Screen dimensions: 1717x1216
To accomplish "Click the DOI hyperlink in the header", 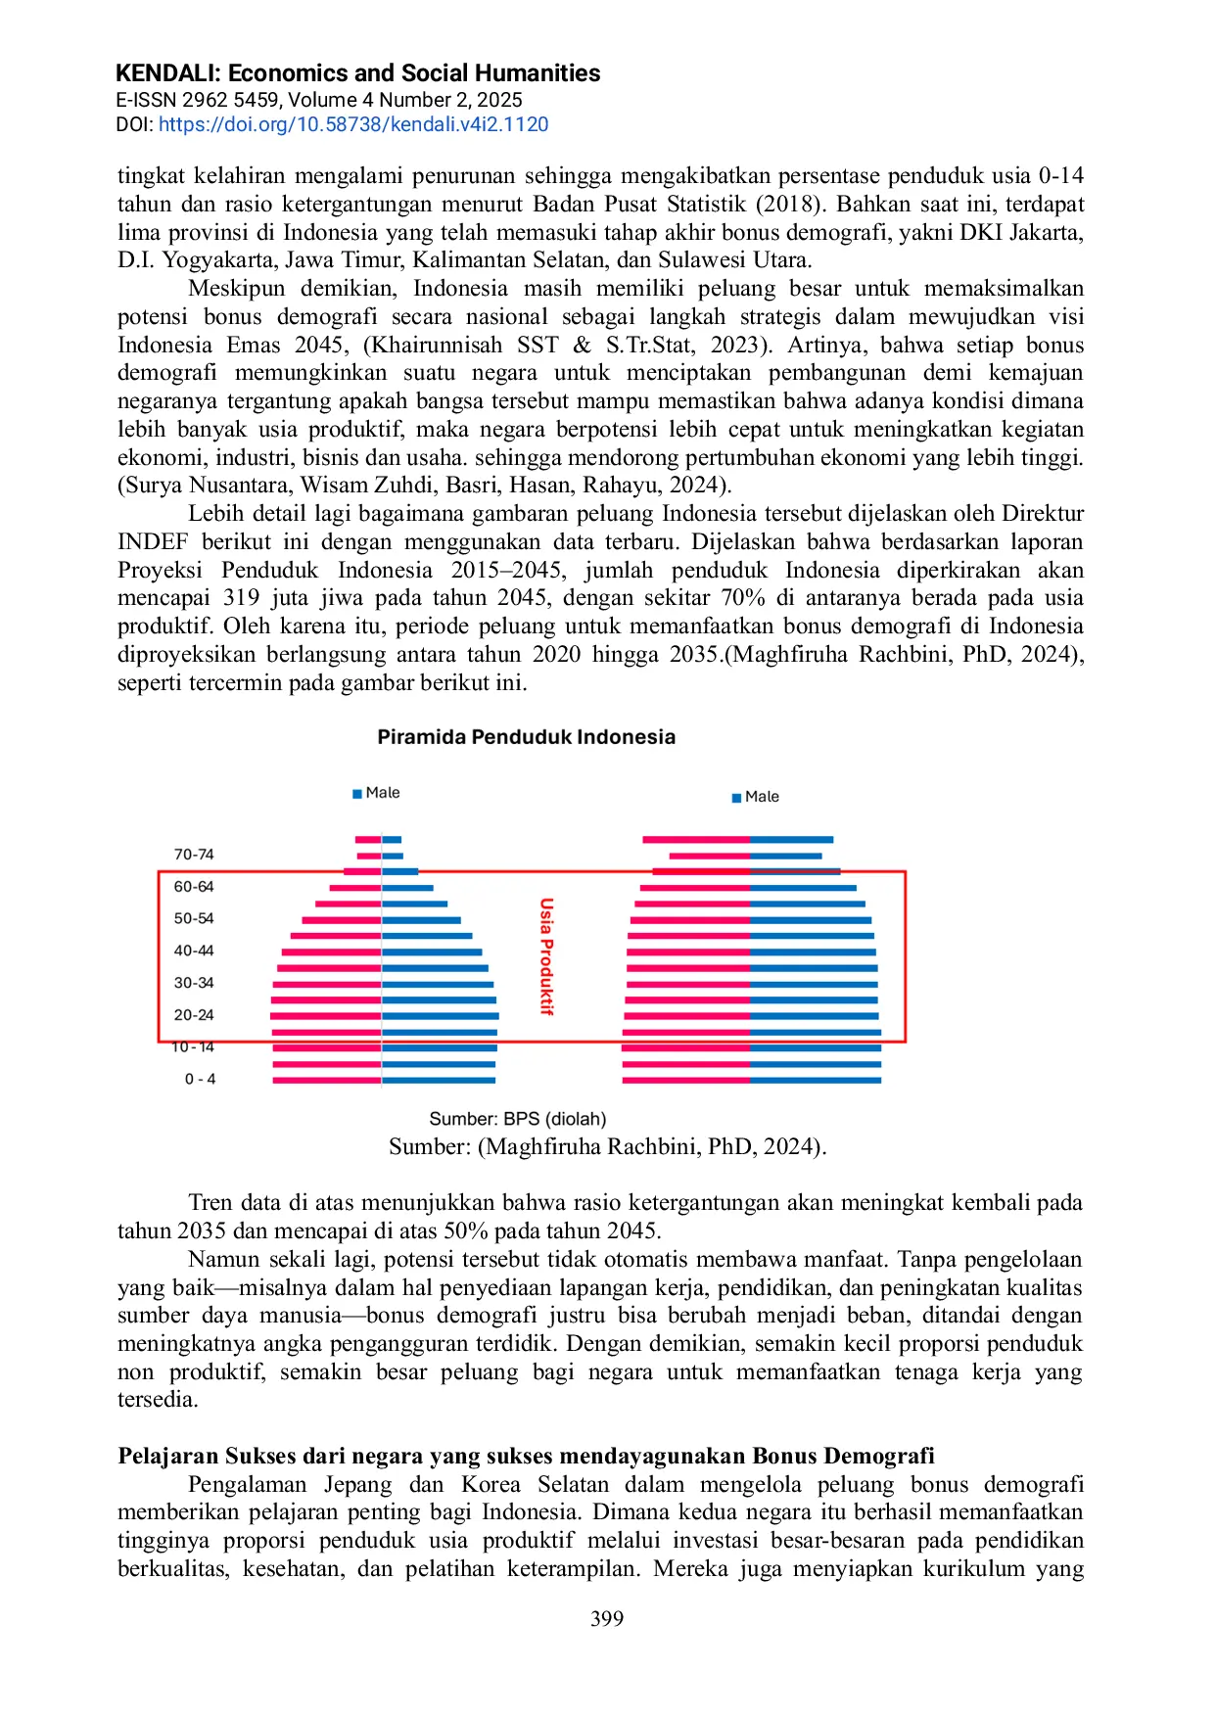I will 353,124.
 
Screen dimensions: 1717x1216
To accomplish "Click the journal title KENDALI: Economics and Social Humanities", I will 357,73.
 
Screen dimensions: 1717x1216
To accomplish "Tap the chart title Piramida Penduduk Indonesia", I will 526,737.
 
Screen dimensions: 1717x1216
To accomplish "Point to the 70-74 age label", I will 194,855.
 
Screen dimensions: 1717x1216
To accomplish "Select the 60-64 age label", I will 194,887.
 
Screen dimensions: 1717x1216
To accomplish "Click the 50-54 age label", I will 194,918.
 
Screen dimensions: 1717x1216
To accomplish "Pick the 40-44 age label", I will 194,951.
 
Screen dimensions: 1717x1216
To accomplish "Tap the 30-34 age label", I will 194,983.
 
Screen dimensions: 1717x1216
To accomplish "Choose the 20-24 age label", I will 194,1015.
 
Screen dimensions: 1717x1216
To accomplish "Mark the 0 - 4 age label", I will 200,1079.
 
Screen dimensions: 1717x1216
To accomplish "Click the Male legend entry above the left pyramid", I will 377,793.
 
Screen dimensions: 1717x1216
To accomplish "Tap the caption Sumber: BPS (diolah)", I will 518,1119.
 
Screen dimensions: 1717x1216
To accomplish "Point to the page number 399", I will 607,1619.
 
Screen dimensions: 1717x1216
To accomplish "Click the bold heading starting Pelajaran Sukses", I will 526,1456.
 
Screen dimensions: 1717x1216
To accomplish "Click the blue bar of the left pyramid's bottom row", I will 439,1081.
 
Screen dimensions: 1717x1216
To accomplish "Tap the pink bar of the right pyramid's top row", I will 696,840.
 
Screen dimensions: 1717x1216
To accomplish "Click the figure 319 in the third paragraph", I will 240,598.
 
